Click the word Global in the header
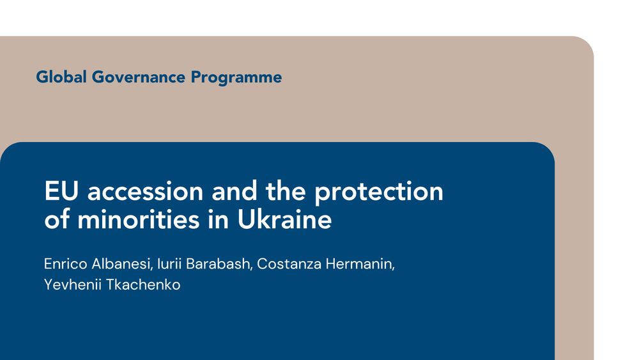coord(61,77)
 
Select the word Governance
coord(139,77)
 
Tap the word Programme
coord(236,77)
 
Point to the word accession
coord(146,191)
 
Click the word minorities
coord(139,219)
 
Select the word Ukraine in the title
coord(284,219)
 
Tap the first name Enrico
coord(66,264)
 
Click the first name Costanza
coord(289,264)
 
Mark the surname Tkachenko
coord(143,285)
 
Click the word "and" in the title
coord(235,191)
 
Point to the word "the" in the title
coord(286,191)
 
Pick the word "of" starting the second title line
coord(57,219)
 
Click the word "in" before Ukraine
coord(219,219)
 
